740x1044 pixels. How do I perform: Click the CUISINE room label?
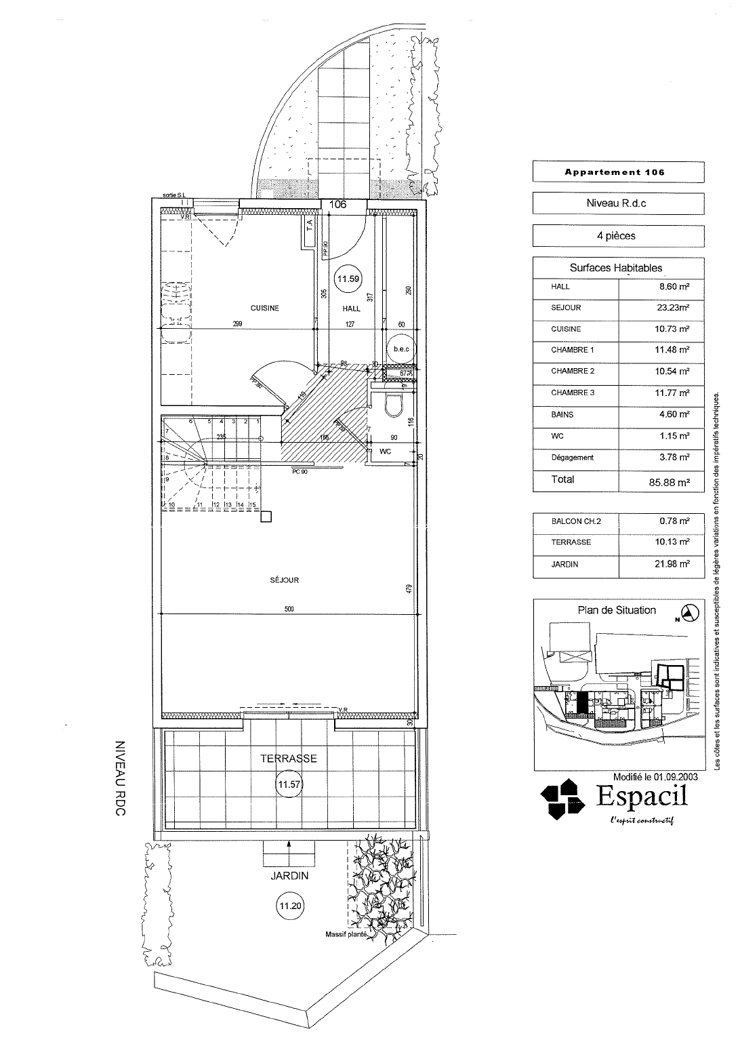tap(264, 308)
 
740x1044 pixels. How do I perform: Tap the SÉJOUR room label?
tap(285, 580)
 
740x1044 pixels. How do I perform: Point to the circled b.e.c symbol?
tap(401, 348)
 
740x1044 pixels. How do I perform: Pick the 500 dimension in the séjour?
tap(289, 609)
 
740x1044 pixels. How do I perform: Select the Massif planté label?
tap(346, 934)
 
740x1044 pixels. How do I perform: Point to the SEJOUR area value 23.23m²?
tap(661, 308)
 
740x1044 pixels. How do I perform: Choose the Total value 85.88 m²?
tap(661, 482)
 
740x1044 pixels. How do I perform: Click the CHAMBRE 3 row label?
tap(573, 393)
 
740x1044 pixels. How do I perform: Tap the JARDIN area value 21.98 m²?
tap(661, 564)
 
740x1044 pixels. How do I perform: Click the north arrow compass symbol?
tap(690, 614)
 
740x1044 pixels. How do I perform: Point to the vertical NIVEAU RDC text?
tap(121, 777)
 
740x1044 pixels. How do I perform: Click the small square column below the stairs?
tap(266, 517)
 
